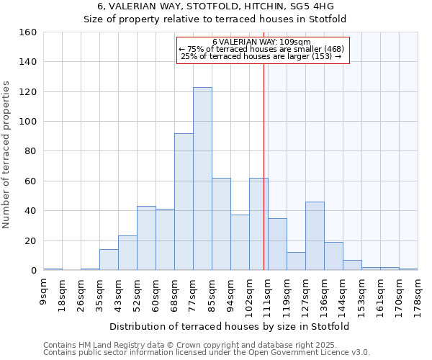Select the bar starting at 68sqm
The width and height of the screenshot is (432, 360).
point(184,202)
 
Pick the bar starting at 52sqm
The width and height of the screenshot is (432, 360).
point(146,238)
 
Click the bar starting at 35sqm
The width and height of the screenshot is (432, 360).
point(109,260)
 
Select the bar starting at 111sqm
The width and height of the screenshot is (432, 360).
point(277,244)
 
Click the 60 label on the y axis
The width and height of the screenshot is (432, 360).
point(30,181)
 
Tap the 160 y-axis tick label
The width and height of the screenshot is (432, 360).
point(27,32)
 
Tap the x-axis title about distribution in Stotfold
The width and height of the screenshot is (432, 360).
point(230,327)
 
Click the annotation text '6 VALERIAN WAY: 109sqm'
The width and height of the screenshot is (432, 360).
point(262,42)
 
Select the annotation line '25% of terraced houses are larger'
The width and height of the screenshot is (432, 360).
point(262,56)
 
